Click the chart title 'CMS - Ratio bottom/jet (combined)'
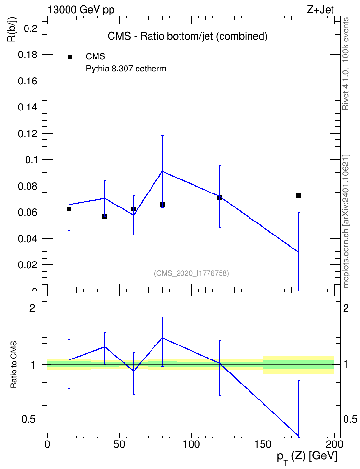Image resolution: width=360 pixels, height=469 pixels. coord(187,36)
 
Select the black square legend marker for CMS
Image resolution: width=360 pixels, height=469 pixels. coord(69,57)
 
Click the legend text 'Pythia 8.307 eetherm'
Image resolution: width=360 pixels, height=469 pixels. coord(126,69)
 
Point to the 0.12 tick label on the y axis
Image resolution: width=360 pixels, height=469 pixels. coord(28,134)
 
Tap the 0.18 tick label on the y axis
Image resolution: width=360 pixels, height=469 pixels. coord(28,55)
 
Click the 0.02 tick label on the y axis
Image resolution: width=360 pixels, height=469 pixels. coord(28,265)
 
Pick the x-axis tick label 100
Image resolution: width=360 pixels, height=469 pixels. coord(191,444)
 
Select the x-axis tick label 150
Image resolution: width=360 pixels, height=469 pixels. coord(263,444)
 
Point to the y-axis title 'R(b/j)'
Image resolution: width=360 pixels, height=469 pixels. coord(12,29)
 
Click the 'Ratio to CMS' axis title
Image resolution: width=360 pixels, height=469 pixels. coord(14,365)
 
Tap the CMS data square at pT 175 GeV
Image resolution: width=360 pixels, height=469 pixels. coord(298,196)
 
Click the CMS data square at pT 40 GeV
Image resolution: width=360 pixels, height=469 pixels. coord(105,217)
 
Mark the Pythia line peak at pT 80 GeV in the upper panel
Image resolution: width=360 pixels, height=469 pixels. coord(162,171)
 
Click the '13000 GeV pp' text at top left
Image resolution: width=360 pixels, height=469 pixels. coord(81,10)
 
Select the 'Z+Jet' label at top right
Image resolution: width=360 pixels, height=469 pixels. coord(320,10)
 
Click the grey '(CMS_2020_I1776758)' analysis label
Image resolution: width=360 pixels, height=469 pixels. coord(192,273)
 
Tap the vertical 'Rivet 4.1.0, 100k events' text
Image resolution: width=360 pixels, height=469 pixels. coord(346,64)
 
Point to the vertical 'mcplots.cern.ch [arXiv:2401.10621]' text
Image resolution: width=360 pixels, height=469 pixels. coord(346,221)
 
